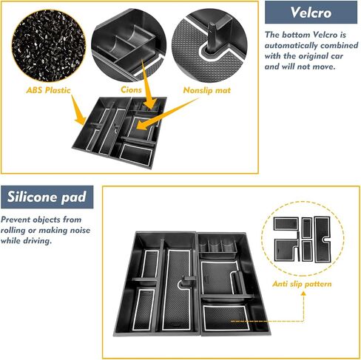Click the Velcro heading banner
tap(311, 12)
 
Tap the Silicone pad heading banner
tap(47, 197)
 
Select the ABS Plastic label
tap(48, 90)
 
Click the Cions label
tap(131, 89)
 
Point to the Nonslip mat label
tap(207, 90)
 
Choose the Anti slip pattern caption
tap(302, 284)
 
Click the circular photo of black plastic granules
tap(49, 46)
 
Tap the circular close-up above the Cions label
tap(129, 45)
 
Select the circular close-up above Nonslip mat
tap(209, 46)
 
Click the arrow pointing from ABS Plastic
tap(78, 110)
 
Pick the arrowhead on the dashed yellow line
tap(303, 293)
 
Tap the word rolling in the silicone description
tap(13, 230)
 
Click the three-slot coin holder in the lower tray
tap(217, 248)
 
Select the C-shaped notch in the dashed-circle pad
tap(325, 240)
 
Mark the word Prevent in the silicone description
tap(16, 220)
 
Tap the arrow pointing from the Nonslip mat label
tap(167, 114)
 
